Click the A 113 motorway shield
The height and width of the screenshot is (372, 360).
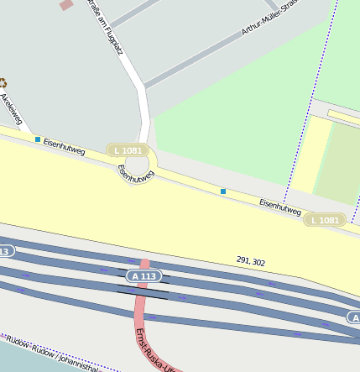point(143,275)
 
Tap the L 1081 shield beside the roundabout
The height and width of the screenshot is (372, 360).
point(128,150)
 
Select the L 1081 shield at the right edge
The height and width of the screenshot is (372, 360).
point(325,220)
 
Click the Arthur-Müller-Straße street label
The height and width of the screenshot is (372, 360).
point(269,17)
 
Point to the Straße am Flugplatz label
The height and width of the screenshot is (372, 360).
point(105,27)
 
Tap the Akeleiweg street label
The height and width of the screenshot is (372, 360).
point(13,109)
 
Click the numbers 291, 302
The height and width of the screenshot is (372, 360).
point(251,263)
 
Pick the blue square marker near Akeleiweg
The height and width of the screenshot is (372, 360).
point(38,139)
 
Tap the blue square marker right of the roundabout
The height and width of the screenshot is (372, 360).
point(223,191)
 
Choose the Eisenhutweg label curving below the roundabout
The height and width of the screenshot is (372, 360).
point(137,174)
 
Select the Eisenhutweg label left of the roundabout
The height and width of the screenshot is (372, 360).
point(65,147)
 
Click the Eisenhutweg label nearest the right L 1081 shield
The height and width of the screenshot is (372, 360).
point(280,207)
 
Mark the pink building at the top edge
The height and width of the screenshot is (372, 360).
point(66,4)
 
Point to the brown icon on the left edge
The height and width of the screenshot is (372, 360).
point(3,82)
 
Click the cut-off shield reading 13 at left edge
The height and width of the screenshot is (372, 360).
point(5,251)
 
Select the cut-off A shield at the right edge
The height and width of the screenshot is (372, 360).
point(354,317)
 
